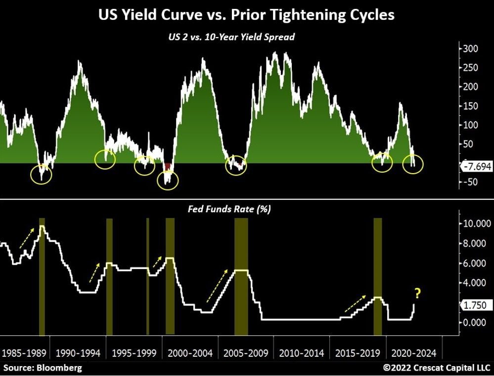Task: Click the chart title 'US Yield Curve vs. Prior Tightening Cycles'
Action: click(247, 15)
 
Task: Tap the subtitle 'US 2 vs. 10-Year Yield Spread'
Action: click(247, 37)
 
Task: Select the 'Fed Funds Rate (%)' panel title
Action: click(229, 209)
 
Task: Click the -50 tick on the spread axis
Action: click(468, 182)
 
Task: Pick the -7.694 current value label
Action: click(477, 167)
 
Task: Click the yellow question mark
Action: click(417, 294)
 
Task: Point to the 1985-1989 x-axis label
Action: click(24, 353)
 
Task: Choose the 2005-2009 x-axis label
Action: click(246, 353)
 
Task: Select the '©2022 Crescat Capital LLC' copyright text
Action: click(437, 368)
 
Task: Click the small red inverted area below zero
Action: click(168, 167)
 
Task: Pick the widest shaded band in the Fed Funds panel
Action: click(241, 277)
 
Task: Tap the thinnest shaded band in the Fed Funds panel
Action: click(147, 277)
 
